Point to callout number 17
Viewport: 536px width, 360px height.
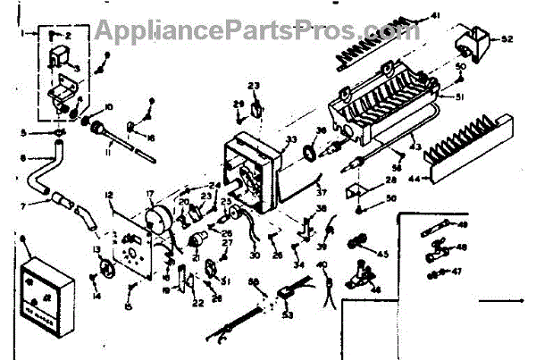(x=149, y=192)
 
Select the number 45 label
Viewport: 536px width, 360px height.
(x=384, y=255)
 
